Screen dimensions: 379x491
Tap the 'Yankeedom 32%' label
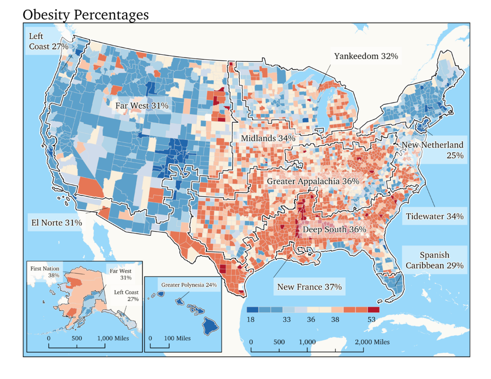point(366,56)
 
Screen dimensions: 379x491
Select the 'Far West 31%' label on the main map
point(141,105)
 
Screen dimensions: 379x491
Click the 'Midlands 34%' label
point(268,138)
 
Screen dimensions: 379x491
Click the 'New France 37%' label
point(309,287)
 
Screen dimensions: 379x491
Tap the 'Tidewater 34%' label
point(434,217)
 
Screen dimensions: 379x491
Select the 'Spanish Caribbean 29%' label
point(434,260)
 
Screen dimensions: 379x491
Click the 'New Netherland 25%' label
point(433,150)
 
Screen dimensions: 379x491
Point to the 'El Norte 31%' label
point(55,223)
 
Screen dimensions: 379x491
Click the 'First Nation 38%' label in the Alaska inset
point(45,272)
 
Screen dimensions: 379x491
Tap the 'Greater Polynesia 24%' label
point(189,285)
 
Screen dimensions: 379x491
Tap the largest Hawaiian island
point(210,326)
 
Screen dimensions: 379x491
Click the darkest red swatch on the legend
point(373,310)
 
